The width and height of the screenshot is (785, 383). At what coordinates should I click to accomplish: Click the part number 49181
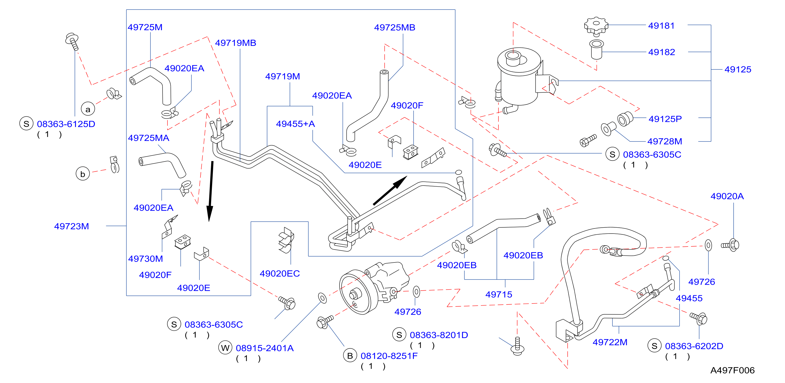tap(661, 26)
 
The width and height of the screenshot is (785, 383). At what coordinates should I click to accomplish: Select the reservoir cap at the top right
tap(596, 26)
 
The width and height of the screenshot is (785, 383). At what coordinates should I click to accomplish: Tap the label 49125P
tap(665, 119)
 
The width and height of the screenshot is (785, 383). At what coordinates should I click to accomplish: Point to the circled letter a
tap(88, 109)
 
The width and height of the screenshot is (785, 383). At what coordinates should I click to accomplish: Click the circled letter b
tap(83, 174)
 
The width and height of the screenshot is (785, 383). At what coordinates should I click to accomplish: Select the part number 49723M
tap(72, 226)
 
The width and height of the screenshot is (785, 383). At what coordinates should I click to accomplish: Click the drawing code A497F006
tap(733, 370)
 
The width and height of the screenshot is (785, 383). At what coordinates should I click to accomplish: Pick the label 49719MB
tap(236, 43)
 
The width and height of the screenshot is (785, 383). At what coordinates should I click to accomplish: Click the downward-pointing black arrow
tap(211, 191)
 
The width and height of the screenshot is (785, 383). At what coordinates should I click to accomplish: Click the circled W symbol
tap(225, 348)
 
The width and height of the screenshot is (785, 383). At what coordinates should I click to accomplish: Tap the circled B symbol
tap(350, 356)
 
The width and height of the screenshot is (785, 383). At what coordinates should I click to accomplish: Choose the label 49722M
tap(610, 342)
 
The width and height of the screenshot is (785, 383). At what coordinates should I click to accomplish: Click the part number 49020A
tap(727, 196)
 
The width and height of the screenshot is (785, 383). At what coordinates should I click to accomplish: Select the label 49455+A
tap(295, 124)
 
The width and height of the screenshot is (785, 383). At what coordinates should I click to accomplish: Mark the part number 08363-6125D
tap(66, 124)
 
